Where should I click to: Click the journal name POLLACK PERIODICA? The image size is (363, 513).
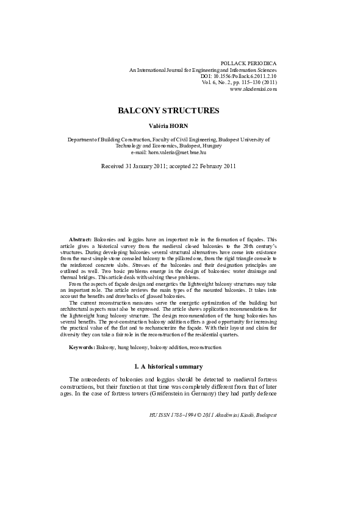pos(248,63)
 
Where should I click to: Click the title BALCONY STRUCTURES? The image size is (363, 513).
pos(168,111)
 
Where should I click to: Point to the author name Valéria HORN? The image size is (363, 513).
pos(168,126)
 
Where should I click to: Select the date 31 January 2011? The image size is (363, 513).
pos(141,166)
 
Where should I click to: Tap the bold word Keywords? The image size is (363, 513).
pos(81,347)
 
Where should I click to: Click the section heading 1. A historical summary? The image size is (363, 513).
pos(168,367)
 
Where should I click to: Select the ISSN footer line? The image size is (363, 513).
pos(213,414)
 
